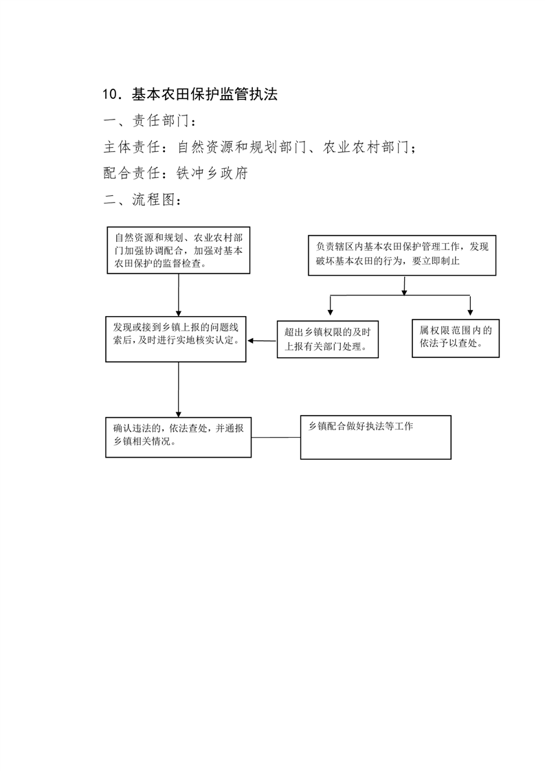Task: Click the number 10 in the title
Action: [x=110, y=94]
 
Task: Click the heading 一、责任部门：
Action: [x=150, y=120]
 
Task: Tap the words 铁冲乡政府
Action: [x=212, y=173]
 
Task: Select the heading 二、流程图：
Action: [x=143, y=200]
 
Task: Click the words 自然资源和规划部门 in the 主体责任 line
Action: [x=241, y=147]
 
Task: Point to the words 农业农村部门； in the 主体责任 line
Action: [x=370, y=147]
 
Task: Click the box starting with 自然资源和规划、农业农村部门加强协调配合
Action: [x=179, y=250]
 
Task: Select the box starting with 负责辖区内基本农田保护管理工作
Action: [x=402, y=255]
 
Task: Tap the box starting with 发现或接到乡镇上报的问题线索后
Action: [x=176, y=339]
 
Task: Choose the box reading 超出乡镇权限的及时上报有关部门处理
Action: [x=328, y=339]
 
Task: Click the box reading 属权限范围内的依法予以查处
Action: [x=456, y=338]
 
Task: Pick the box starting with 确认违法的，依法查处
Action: [x=179, y=438]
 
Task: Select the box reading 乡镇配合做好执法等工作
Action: [x=376, y=437]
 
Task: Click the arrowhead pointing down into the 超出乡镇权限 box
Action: [x=331, y=312]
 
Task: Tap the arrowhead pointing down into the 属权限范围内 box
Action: [x=470, y=312]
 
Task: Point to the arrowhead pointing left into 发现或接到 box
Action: [x=250, y=340]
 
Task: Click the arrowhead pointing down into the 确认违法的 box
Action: [x=179, y=414]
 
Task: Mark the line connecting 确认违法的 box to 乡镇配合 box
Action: [x=276, y=437]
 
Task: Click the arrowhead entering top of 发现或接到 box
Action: [x=179, y=313]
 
